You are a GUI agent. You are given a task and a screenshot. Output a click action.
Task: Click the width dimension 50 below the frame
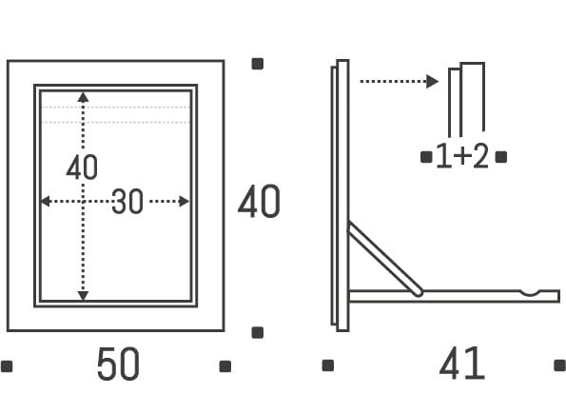[118, 364]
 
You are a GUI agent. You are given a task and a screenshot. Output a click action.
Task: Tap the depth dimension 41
[461, 363]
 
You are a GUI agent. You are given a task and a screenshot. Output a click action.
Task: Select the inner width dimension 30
[127, 201]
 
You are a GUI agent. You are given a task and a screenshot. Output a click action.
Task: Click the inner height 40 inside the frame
[82, 167]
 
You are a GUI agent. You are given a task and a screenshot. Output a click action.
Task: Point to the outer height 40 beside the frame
[259, 201]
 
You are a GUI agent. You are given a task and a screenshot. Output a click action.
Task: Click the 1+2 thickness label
[462, 156]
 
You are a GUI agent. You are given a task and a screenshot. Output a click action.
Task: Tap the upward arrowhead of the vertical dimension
[83, 97]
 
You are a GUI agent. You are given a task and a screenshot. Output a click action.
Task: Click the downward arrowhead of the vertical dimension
[83, 296]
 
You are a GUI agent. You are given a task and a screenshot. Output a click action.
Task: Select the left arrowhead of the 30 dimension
[45, 201]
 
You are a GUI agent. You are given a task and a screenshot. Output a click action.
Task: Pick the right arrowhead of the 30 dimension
[185, 201]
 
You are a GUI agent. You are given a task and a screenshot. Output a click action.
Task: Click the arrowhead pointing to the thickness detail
[432, 81]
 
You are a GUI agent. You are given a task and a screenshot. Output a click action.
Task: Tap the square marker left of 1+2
[426, 157]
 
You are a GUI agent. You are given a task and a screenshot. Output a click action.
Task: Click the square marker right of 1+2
[501, 157]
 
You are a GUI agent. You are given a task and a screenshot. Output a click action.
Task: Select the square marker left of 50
[7, 366]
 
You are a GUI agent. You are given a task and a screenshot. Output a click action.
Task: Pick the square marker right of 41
[560, 365]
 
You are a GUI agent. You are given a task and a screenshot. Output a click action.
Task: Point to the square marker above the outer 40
[258, 64]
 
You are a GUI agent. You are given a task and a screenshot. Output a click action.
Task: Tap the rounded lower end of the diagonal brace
[419, 292]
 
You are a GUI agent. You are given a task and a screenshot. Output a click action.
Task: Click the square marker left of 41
[328, 365]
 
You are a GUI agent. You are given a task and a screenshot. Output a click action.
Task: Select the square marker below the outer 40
[258, 332]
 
